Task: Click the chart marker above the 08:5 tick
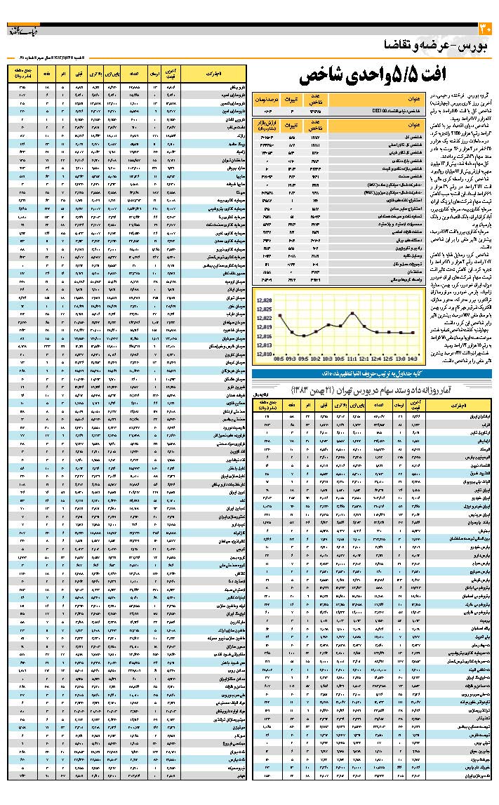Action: point(279,315)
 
